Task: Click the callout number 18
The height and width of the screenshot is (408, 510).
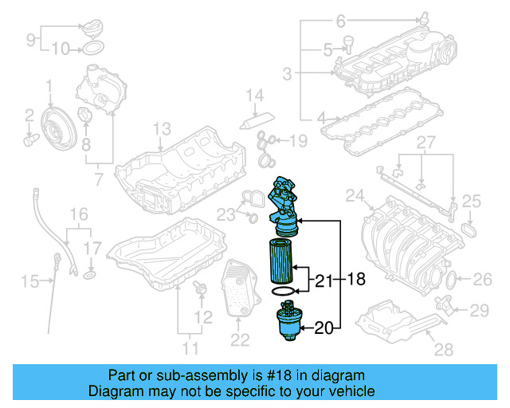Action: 357,280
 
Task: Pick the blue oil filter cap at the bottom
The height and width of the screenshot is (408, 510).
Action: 288,323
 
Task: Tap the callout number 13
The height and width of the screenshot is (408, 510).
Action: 162,128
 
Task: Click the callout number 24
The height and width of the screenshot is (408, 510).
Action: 354,195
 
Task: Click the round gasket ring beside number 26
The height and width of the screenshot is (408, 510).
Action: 451,280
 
